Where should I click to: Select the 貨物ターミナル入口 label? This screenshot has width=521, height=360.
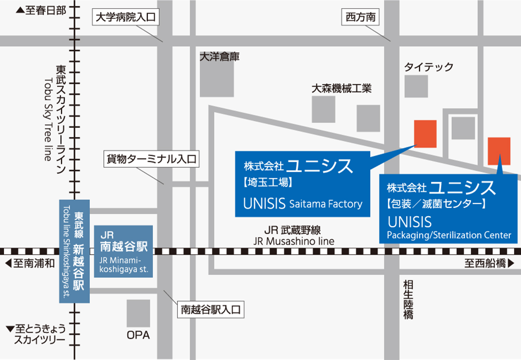pyautogui.click(x=151, y=159)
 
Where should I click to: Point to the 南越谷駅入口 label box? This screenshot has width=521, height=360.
pyautogui.click(x=211, y=309)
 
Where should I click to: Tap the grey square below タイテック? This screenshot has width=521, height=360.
pyautogui.click(x=416, y=86)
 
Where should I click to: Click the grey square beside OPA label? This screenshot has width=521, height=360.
pyautogui.click(x=138, y=313)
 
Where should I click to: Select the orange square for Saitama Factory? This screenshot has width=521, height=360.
pyautogui.click(x=425, y=134)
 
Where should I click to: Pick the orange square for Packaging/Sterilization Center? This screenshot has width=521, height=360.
pyautogui.click(x=499, y=151)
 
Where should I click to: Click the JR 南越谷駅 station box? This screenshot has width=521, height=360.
pyautogui.click(x=124, y=251)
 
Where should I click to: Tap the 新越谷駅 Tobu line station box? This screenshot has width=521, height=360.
pyautogui.click(x=75, y=251)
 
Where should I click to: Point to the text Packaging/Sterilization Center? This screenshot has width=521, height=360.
pyautogui.click(x=449, y=235)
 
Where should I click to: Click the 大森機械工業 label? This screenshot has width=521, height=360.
pyautogui.click(x=342, y=88)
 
